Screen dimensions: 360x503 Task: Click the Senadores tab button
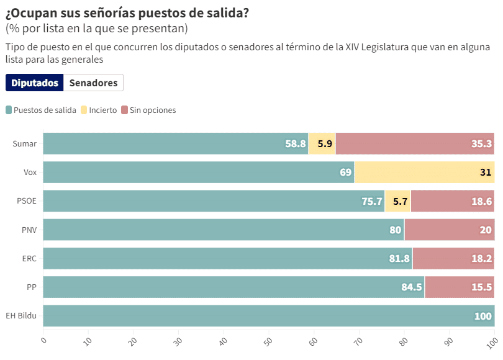point(93,83)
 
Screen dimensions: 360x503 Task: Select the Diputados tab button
point(35,83)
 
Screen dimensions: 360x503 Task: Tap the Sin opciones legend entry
point(148,110)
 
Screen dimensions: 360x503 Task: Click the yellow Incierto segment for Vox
point(424,172)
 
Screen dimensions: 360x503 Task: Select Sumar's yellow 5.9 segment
point(322,143)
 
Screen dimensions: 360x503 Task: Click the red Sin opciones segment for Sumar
point(415,143)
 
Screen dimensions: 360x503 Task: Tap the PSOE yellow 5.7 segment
point(398,201)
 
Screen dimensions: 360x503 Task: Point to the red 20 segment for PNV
point(449,230)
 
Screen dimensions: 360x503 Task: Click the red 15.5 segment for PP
point(460,287)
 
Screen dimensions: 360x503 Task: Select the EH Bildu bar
point(268,316)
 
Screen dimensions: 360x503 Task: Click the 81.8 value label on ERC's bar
point(399,259)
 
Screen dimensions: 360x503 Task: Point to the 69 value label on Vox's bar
point(346,172)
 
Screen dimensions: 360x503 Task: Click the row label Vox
point(30,172)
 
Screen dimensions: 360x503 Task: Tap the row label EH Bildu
point(21,316)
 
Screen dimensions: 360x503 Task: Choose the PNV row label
point(29,230)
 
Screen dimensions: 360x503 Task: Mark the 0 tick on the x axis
point(43,341)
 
